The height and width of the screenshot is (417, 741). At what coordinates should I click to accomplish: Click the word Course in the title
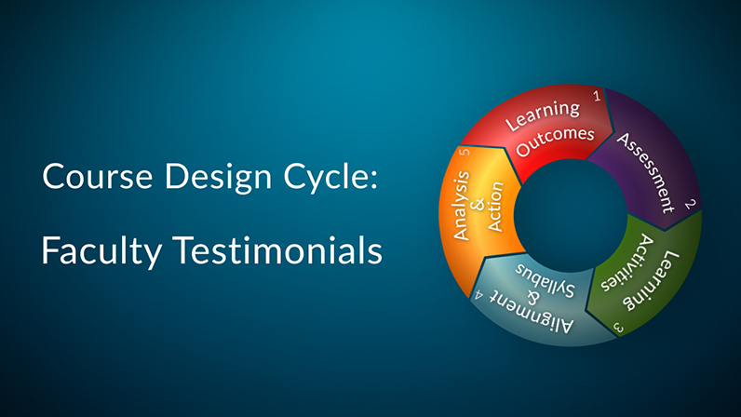(98, 176)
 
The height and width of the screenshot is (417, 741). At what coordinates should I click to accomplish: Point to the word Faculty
(101, 251)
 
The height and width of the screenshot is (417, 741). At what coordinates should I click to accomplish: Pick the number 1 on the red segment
(597, 97)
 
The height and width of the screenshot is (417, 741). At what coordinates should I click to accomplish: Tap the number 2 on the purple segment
(690, 204)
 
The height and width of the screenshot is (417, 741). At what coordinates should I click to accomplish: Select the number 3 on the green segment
(619, 327)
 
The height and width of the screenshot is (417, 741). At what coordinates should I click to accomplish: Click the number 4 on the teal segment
(478, 295)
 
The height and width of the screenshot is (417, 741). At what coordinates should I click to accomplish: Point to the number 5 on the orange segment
(465, 152)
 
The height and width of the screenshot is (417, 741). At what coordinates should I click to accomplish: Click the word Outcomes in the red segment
(555, 141)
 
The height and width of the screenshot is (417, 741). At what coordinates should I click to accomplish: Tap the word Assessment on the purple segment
(645, 172)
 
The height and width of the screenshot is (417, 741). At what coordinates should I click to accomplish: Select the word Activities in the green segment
(627, 262)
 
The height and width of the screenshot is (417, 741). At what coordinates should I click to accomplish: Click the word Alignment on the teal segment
(531, 312)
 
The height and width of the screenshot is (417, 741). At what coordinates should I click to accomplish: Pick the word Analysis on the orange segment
(461, 206)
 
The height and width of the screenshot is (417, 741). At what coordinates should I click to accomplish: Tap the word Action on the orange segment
(495, 207)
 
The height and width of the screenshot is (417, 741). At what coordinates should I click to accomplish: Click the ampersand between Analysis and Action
(478, 205)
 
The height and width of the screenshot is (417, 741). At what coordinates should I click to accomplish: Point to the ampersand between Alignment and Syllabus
(532, 298)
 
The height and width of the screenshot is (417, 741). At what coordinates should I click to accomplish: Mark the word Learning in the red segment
(542, 114)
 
